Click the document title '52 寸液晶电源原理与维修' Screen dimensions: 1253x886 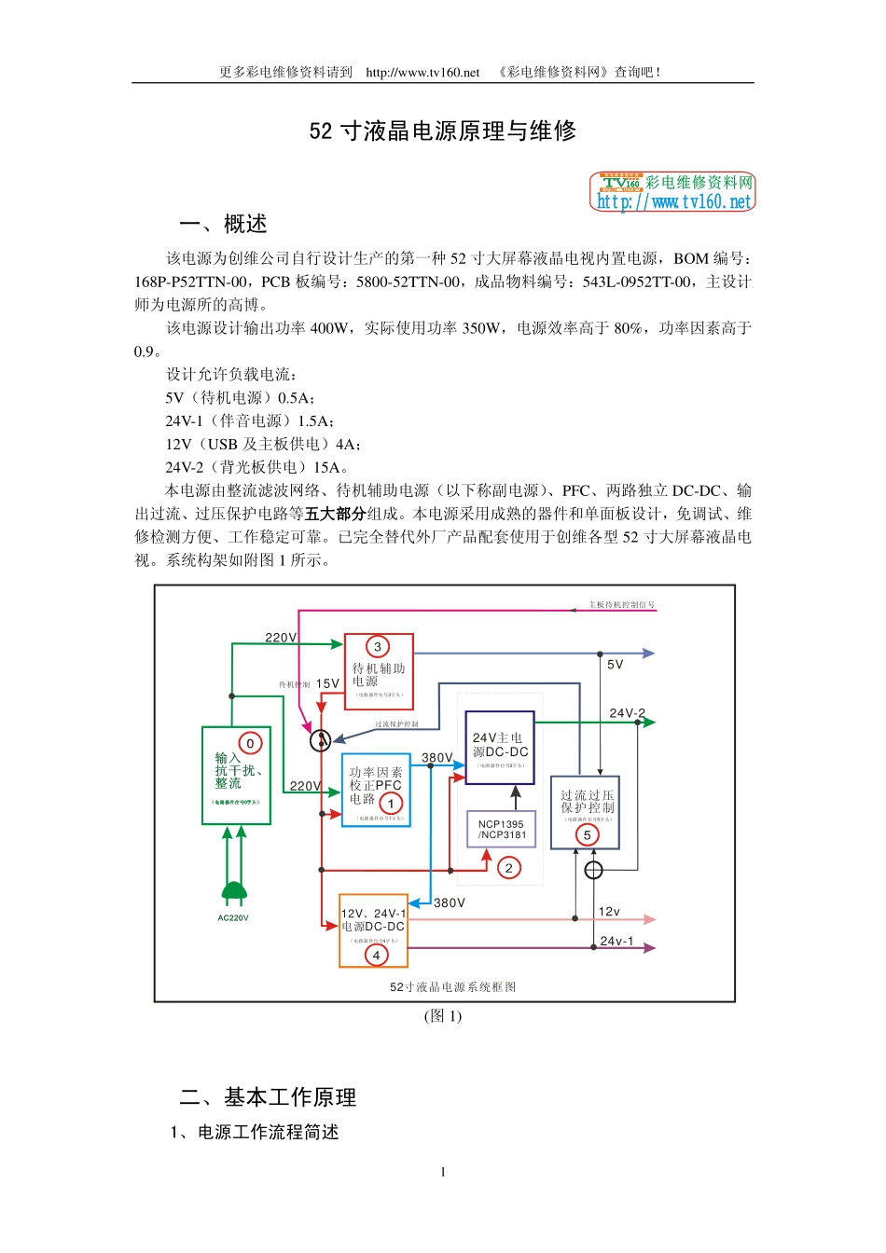coord(443,131)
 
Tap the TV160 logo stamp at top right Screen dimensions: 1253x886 coord(671,191)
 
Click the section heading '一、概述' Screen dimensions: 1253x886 coord(223,225)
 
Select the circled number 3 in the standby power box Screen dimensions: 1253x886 coord(378,646)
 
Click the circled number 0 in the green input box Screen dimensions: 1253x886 coord(250,743)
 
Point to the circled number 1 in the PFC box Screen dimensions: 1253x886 coord(391,803)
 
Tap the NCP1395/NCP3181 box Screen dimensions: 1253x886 coord(501,829)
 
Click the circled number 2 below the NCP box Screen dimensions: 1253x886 coord(508,868)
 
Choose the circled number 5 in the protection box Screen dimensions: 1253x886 coord(587,834)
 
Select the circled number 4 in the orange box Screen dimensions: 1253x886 coord(376,955)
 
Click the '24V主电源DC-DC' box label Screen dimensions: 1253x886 coord(500,744)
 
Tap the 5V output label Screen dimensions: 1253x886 coord(615,665)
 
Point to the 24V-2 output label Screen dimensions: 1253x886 coord(627,713)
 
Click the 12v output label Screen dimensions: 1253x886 coord(609,911)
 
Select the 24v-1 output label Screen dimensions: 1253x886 coord(616,941)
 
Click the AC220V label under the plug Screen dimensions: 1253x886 coord(233,918)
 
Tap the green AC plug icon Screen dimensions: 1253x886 coord(234,891)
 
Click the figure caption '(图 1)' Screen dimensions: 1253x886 coord(443,1016)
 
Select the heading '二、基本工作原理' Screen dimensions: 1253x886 coord(268,1097)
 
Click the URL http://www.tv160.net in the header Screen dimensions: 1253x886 coord(422,72)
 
